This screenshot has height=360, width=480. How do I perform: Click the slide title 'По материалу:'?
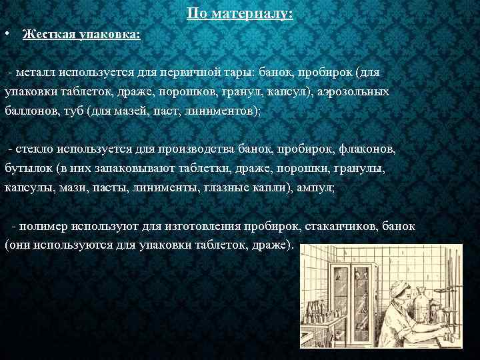click(x=240, y=13)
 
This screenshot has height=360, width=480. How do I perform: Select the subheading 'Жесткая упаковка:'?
click(x=81, y=34)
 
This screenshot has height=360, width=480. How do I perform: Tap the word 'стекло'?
click(x=35, y=149)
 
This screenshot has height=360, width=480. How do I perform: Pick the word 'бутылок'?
click(x=26, y=169)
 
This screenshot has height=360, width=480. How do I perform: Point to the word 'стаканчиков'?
click(x=340, y=227)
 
